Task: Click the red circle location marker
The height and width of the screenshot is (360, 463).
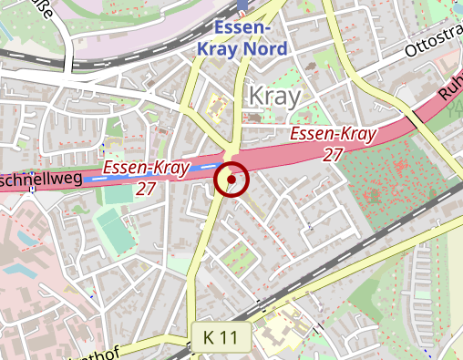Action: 231,180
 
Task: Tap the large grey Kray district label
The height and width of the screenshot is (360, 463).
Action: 273,96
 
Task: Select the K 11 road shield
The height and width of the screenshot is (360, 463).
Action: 220,337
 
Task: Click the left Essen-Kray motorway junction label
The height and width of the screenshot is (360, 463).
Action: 146,168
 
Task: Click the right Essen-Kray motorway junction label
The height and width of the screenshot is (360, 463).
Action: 333,135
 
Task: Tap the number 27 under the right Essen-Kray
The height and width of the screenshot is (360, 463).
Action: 333,155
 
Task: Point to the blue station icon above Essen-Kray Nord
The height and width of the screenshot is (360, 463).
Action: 242,5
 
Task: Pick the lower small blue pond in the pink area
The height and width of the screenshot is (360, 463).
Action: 20,271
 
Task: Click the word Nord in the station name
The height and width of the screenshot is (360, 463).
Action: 266,47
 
